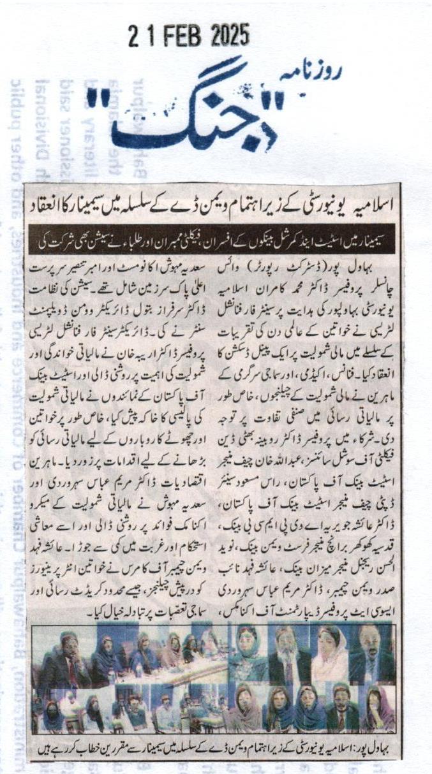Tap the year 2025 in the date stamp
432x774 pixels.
click(x=227, y=34)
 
